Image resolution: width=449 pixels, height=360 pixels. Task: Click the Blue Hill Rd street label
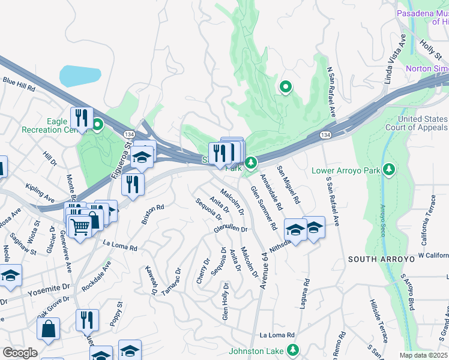pyautogui.click(x=19, y=83)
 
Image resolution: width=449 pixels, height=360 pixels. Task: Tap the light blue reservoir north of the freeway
pyautogui.click(x=79, y=76)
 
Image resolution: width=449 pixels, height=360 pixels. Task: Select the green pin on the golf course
pyautogui.click(x=286, y=88)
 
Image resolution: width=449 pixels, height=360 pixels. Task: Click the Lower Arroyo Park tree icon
pyautogui.click(x=390, y=170)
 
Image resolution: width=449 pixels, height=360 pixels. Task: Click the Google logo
pyautogui.click(x=20, y=352)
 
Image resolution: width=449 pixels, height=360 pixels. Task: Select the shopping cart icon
pyautogui.click(x=79, y=227)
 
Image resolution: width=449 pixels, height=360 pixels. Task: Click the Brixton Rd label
pyautogui.click(x=153, y=214)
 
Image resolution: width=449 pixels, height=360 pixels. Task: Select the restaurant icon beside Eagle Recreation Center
pyautogui.click(x=80, y=117)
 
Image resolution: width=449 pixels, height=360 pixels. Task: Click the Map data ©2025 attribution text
pyautogui.click(x=424, y=355)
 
